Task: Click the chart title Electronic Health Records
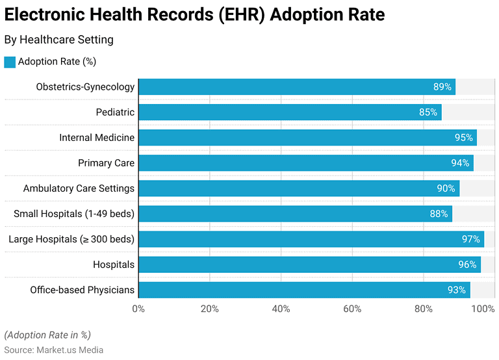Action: click(x=194, y=14)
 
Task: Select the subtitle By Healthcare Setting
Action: click(x=59, y=40)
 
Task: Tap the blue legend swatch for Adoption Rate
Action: click(x=9, y=62)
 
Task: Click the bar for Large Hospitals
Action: click(x=311, y=239)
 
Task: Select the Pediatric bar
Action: click(x=290, y=112)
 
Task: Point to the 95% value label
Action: click(x=463, y=138)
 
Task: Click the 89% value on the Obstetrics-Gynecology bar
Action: click(x=442, y=87)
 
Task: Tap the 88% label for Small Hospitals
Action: click(x=439, y=214)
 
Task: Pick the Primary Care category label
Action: click(x=106, y=163)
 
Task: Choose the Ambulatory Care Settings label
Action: click(x=79, y=188)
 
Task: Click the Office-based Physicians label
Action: click(x=82, y=290)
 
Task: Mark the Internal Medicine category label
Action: click(x=97, y=138)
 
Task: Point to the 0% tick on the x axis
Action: click(x=138, y=309)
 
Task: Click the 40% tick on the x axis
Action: click(x=281, y=309)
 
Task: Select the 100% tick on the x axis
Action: click(x=483, y=309)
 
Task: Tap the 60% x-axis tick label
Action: click(x=352, y=309)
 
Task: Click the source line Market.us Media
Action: click(x=54, y=350)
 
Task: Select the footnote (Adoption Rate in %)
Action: click(x=47, y=335)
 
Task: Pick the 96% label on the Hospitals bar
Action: click(x=467, y=264)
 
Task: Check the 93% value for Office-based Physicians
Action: click(x=457, y=290)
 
